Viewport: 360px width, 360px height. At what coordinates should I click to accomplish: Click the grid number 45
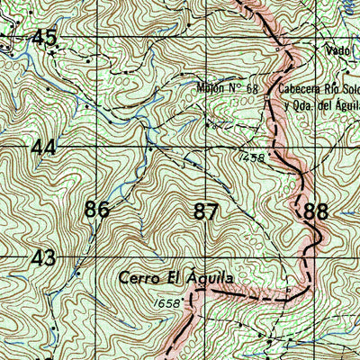point(44,37)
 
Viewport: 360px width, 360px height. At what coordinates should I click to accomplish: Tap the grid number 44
point(44,148)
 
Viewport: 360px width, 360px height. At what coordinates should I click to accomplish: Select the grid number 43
point(43,257)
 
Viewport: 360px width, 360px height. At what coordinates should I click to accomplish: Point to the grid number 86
point(97,211)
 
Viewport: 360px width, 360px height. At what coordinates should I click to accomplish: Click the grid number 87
point(206,212)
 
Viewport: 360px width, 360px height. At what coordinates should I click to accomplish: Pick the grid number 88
point(316,212)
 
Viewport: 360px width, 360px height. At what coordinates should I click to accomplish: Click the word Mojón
point(210,89)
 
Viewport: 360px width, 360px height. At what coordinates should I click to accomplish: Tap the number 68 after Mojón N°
point(251,89)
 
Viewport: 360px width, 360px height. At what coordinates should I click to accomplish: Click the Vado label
point(337,51)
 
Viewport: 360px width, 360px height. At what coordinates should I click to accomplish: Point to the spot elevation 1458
point(253,157)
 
